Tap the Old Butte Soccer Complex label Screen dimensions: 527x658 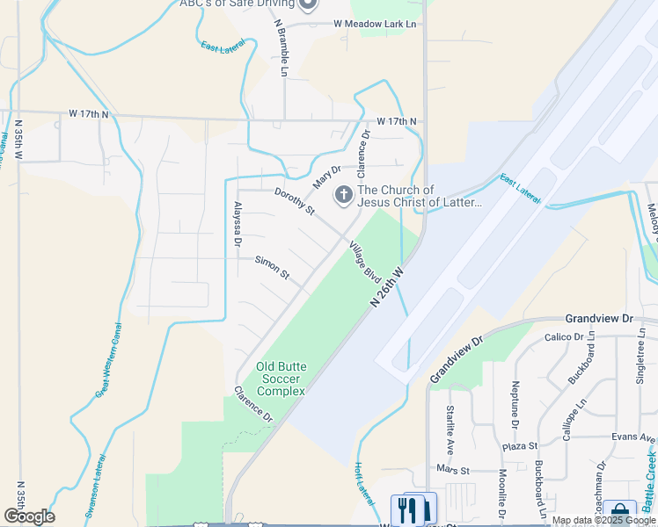281,379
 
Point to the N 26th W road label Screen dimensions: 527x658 386,287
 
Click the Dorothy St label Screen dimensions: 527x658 294,201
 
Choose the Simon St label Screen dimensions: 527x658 272,267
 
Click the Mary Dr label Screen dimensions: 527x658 326,176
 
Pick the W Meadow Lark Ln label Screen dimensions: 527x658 374,24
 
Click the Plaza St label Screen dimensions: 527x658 520,446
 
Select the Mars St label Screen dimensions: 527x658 454,469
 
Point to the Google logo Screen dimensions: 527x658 29,516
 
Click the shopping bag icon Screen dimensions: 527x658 620,511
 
